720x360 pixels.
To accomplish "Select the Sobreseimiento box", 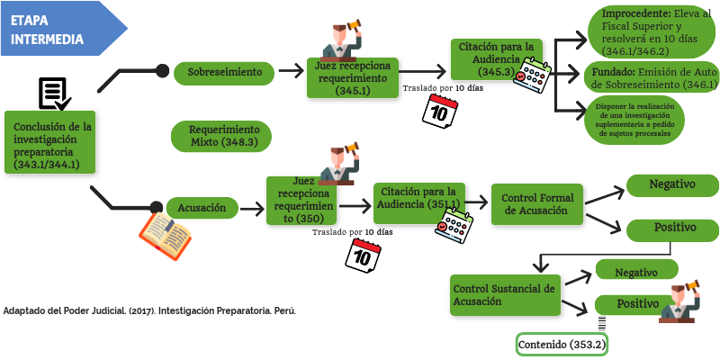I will point(224,71).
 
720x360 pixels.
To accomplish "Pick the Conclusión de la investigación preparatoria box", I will point(52,139).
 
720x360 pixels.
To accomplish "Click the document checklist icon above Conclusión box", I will point(54,94).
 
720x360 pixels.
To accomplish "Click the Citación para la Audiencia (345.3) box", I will point(498,59).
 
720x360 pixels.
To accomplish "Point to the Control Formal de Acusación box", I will point(536,203).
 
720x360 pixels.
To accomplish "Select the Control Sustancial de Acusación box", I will point(504,295).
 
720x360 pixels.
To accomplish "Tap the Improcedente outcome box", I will point(650,32).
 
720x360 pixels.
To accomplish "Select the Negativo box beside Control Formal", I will point(672,184).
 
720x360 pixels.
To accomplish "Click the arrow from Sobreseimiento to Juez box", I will point(292,70).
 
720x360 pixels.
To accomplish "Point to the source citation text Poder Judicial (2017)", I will point(149,310).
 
